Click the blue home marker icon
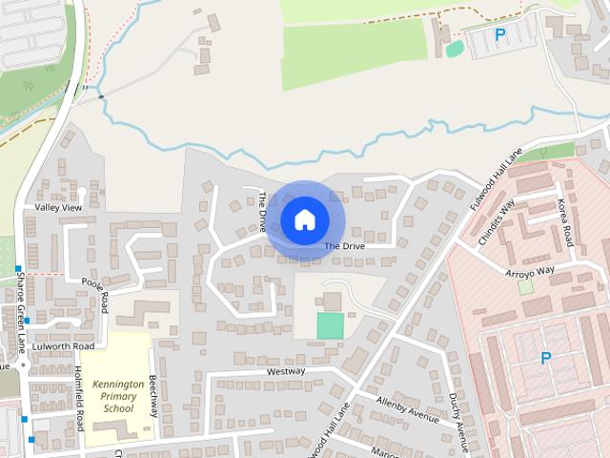[x=304, y=219]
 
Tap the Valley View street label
[x=59, y=207]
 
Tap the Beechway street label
[x=152, y=396]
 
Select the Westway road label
[x=286, y=370]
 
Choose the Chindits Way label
[x=496, y=222]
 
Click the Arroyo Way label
[x=530, y=271]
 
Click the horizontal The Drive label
[x=344, y=246]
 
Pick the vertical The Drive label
[x=262, y=212]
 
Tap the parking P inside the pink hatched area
[x=546, y=359]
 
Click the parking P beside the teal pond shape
[x=500, y=35]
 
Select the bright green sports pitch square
[x=330, y=325]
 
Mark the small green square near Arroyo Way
[x=525, y=286]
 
